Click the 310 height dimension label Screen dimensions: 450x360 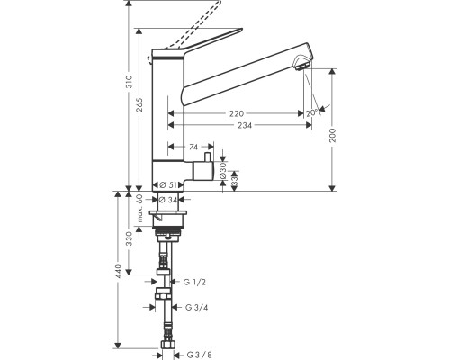[x=129, y=82]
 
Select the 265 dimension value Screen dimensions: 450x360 [x=139, y=105]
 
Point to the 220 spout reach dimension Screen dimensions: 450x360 [x=237, y=113]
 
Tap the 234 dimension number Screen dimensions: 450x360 [x=245, y=125]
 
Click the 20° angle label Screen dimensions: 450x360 [x=312, y=112]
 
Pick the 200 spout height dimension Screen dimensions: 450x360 [x=333, y=135]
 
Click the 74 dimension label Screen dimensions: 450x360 [x=193, y=147]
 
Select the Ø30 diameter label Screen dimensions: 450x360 [x=223, y=171]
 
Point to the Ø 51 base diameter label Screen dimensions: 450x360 [x=168, y=185]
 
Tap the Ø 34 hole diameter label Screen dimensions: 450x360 [x=168, y=200]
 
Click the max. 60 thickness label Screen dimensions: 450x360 [x=139, y=208]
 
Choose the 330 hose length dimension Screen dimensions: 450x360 [x=129, y=238]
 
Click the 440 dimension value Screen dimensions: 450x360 [x=119, y=271]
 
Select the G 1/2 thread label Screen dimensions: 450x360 [x=194, y=283]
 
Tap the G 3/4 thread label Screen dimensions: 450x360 [x=197, y=308]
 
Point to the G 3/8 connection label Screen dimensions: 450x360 [x=200, y=355]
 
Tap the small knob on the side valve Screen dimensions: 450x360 [x=207, y=157]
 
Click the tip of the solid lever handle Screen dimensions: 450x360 [x=241, y=30]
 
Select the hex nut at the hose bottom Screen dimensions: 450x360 [x=166, y=345]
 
